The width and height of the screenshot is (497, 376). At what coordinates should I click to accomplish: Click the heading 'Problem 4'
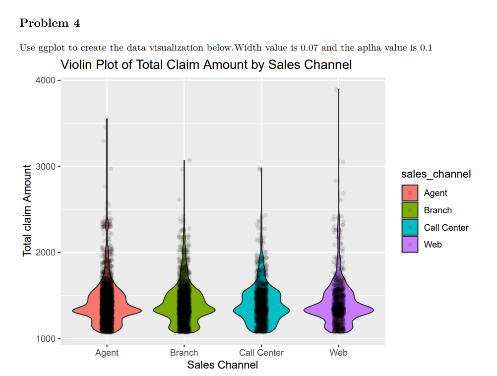pyautogui.click(x=50, y=23)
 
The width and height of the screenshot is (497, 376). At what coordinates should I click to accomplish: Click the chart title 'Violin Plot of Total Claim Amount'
pyautogui.click(x=206, y=64)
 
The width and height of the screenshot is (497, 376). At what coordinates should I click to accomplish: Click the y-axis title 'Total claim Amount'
pyautogui.click(x=27, y=211)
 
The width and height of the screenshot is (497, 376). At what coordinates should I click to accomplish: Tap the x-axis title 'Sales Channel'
pyautogui.click(x=222, y=365)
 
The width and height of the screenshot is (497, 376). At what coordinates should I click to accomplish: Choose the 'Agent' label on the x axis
pyautogui.click(x=107, y=353)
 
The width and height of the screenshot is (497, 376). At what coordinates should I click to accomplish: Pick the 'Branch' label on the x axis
pyautogui.click(x=184, y=353)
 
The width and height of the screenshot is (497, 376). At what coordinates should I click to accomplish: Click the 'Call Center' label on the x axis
pyautogui.click(x=261, y=353)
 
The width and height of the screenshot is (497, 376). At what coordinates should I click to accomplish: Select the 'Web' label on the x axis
pyautogui.click(x=338, y=353)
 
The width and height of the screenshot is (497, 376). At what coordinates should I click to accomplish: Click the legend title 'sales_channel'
pyautogui.click(x=435, y=174)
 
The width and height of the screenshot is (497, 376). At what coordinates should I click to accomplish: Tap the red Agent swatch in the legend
pyautogui.click(x=410, y=193)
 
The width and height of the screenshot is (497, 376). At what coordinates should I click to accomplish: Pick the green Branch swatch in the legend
pyautogui.click(x=410, y=210)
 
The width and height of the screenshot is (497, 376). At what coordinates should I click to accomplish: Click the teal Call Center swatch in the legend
pyautogui.click(x=410, y=228)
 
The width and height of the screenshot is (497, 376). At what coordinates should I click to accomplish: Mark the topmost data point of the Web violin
pyautogui.click(x=336, y=90)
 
